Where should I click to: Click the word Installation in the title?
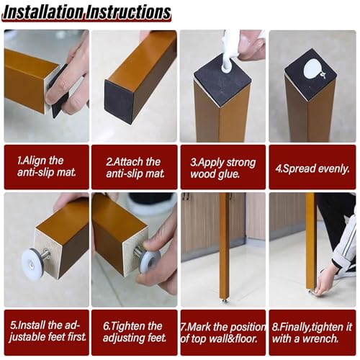[43, 12]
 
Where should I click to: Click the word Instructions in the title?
[128, 12]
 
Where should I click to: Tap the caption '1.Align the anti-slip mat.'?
[47, 166]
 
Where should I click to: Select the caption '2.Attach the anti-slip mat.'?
[135, 167]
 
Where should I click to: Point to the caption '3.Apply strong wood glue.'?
[223, 168]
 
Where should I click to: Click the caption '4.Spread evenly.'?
[312, 168]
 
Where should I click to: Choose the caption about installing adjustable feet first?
[48, 331]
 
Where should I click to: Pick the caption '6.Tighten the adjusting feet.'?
[135, 332]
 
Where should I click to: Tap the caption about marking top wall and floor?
[223, 333]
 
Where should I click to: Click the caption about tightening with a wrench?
[312, 333]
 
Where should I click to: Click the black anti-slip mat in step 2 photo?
[119, 102]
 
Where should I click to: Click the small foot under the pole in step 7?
[224, 300]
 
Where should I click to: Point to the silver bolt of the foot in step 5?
[45, 254]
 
